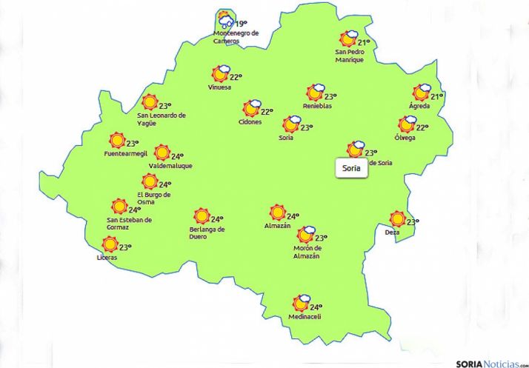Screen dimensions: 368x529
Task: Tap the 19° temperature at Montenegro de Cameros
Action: tap(240, 24)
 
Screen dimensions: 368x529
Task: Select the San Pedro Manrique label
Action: tap(350, 56)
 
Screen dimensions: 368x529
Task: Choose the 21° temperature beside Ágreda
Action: tap(437, 96)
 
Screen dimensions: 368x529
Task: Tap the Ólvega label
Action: tap(405, 138)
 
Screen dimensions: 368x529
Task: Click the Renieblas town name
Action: tap(317, 106)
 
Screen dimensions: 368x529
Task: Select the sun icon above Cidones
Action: tap(251, 109)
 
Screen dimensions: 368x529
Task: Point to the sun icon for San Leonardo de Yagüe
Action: tap(150, 103)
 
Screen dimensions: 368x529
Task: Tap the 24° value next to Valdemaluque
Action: tap(177, 156)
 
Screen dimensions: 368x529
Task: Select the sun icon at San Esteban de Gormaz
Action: tap(119, 207)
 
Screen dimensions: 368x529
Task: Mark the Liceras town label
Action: tap(107, 257)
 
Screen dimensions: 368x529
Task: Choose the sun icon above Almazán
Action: tap(277, 213)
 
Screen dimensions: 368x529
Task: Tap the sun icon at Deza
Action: tap(398, 219)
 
